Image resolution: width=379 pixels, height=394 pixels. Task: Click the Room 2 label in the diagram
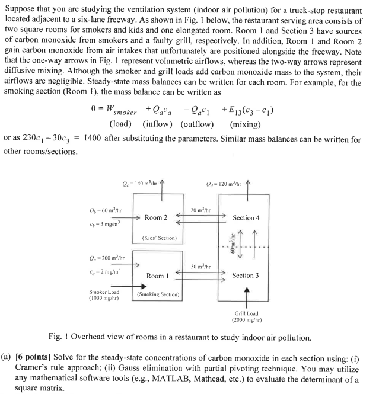156,218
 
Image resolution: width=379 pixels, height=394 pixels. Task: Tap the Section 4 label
246,218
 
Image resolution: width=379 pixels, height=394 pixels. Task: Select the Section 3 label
246,276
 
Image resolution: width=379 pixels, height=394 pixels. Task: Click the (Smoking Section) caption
158,294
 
